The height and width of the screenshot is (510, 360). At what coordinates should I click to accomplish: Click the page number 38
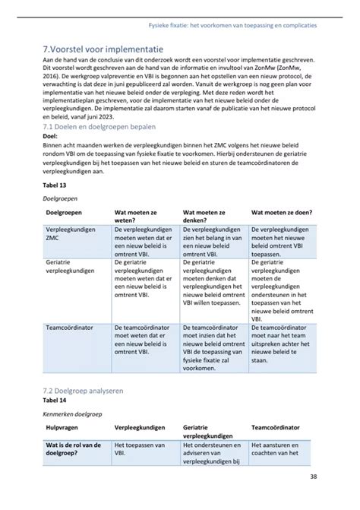coord(314,477)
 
